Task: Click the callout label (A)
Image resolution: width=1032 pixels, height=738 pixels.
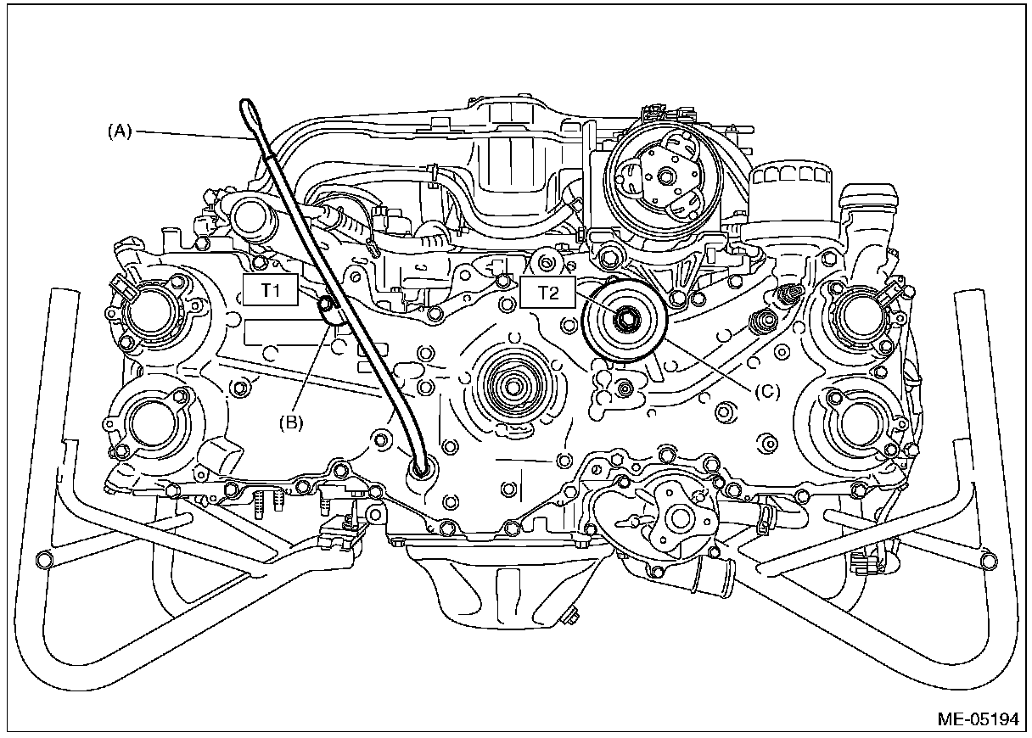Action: click(120, 131)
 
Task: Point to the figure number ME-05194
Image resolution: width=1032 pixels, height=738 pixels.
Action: click(977, 719)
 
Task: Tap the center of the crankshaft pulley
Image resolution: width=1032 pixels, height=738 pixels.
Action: click(512, 386)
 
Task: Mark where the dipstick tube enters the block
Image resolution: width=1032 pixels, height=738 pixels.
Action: click(420, 467)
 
